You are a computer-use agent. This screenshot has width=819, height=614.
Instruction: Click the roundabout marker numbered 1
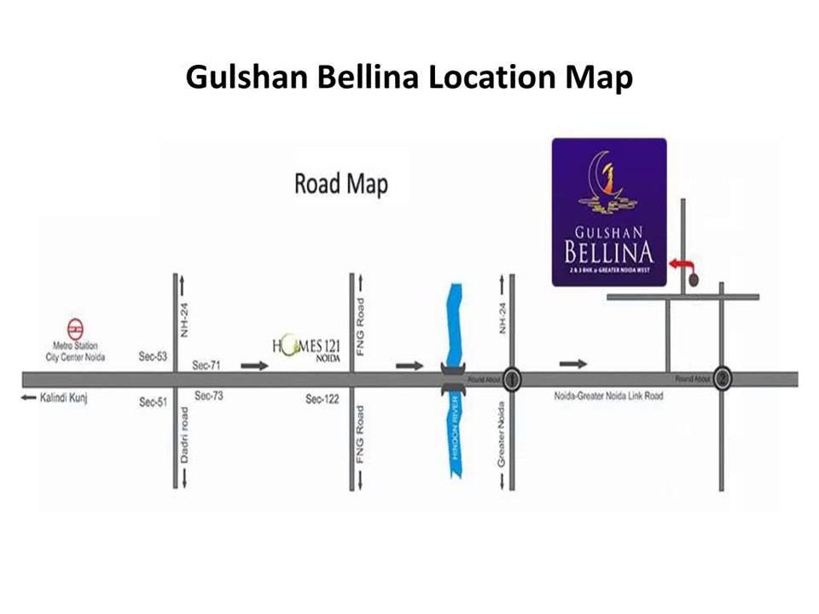click(512, 379)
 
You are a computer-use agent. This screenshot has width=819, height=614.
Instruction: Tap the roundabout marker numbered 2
click(722, 379)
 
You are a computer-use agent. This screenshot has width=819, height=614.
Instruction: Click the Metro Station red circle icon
click(76, 329)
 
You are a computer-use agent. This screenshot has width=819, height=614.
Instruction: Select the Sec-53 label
click(153, 356)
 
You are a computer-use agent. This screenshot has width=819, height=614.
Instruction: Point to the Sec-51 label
click(153, 402)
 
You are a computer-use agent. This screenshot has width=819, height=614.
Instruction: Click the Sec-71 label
click(206, 365)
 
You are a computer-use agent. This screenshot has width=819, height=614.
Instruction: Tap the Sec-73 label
click(209, 396)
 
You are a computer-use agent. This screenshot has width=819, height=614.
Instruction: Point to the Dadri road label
click(185, 435)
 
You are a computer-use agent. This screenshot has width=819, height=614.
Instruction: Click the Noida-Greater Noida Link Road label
click(607, 397)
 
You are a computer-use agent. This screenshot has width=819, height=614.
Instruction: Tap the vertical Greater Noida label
click(502, 437)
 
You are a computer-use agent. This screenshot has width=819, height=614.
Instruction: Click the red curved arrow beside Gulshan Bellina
click(682, 267)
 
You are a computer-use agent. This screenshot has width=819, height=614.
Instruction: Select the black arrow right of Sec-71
click(254, 366)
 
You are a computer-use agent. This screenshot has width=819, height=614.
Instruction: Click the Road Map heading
click(340, 183)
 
